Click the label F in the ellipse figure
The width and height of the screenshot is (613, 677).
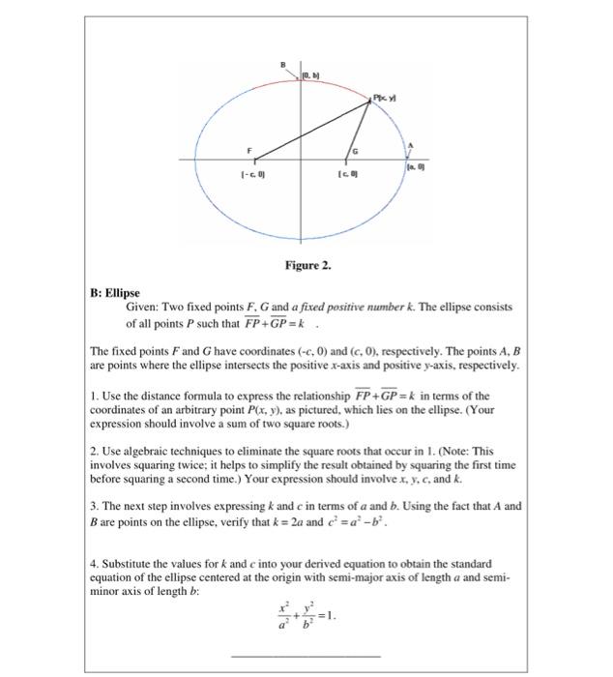(x=248, y=151)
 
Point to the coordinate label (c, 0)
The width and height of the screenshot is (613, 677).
(x=346, y=175)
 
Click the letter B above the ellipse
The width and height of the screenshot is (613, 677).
(x=284, y=63)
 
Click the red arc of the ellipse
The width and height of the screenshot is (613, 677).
(x=290, y=83)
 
